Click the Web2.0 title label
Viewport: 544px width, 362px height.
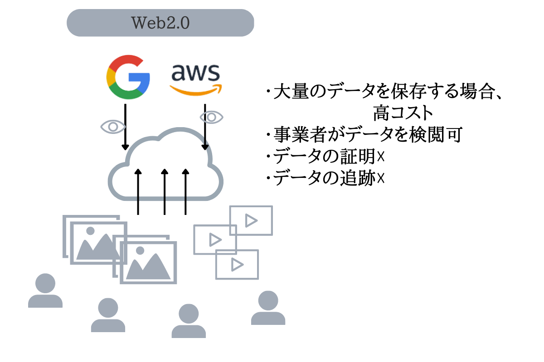[160, 22]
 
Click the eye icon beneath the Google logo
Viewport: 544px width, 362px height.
[112, 126]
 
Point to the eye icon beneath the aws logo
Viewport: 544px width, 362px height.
[211, 117]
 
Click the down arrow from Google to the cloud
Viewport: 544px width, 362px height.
[125, 127]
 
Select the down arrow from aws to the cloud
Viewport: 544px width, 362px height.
[205, 127]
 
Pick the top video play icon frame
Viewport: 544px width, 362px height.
[251, 220]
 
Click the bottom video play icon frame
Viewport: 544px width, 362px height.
[237, 264]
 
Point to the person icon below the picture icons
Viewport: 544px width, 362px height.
[108, 315]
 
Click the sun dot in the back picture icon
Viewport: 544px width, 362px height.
[89, 231]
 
